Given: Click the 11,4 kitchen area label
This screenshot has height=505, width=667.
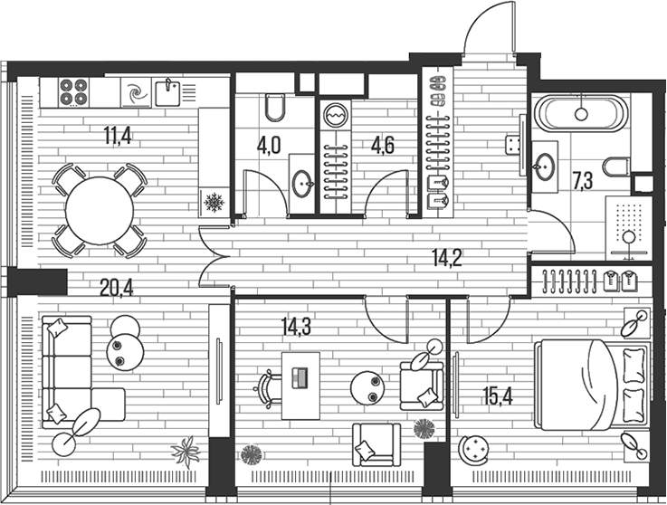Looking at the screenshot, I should pyautogui.click(x=117, y=138).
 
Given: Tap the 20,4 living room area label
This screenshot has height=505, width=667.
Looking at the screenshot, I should pyautogui.click(x=117, y=288).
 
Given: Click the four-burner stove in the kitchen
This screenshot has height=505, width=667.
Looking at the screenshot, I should pyautogui.click(x=74, y=92).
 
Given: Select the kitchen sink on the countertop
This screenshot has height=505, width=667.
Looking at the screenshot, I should pyautogui.click(x=167, y=92).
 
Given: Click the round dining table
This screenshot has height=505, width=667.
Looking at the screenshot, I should pyautogui.click(x=100, y=210).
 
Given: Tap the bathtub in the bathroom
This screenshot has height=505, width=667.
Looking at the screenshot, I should pyautogui.click(x=579, y=114).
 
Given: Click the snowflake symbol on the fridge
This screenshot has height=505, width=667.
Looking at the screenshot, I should pyautogui.click(x=214, y=202).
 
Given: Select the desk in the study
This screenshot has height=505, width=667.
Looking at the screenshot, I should pyautogui.click(x=300, y=386).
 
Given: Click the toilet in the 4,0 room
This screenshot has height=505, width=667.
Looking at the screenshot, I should pyautogui.click(x=276, y=109).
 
